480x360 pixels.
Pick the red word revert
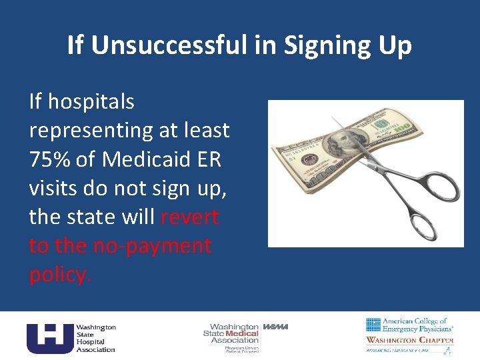click(x=189, y=217)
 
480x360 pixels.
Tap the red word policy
click(x=59, y=274)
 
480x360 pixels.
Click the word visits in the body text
click(x=57, y=188)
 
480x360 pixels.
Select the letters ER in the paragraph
click(x=213, y=159)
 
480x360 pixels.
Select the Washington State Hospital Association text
click(x=95, y=338)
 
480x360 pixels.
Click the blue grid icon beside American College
click(x=373, y=325)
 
